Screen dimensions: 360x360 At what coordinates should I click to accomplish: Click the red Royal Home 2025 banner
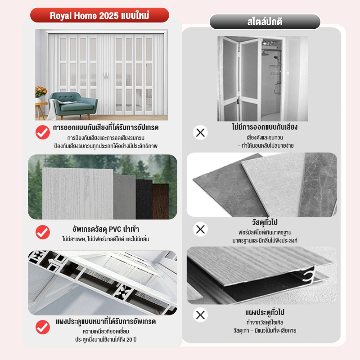click(99, 15)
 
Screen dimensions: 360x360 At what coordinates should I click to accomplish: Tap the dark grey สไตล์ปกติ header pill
click(265, 22)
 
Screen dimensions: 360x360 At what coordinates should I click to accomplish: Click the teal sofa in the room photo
click(73, 105)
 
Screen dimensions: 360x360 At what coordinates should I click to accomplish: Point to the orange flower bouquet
click(41, 91)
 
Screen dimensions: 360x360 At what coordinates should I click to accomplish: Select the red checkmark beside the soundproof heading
click(43, 132)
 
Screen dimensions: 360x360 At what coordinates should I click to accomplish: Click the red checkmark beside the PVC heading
click(43, 232)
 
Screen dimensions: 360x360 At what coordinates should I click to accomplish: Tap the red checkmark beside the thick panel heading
click(43, 327)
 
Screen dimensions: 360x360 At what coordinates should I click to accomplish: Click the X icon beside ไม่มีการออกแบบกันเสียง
click(200, 132)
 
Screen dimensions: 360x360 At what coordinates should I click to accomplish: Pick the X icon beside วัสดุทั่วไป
click(200, 229)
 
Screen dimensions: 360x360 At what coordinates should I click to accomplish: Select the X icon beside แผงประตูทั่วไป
click(200, 315)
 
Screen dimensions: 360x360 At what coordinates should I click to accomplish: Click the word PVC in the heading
click(115, 229)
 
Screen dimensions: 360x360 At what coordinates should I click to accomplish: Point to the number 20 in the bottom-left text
click(129, 339)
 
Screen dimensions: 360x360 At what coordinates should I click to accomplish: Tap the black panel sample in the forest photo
click(144, 199)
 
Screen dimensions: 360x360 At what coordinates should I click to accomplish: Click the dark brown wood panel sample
click(161, 201)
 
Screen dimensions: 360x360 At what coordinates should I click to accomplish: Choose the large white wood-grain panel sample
click(78, 193)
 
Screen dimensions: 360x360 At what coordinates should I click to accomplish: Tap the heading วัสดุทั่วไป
click(265, 222)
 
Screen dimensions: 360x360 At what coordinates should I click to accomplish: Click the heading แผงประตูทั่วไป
click(265, 312)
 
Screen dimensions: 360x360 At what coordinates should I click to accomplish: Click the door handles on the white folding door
click(106, 75)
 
